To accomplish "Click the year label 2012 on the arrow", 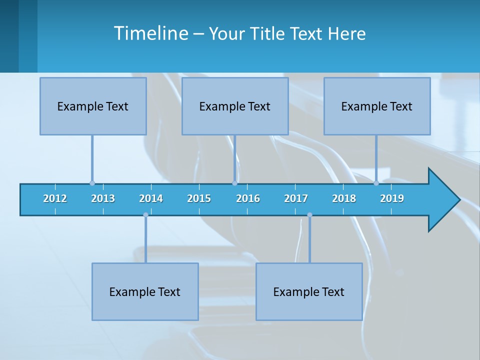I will click(x=55, y=198).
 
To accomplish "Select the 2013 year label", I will click(x=103, y=198).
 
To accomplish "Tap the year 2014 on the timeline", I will click(x=151, y=198).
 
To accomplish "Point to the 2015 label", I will click(x=199, y=198).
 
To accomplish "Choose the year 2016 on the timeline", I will click(x=248, y=198).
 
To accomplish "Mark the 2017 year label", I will click(x=296, y=198).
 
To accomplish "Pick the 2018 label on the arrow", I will click(x=344, y=198).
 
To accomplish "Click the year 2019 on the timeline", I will click(x=392, y=198).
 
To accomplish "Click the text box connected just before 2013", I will click(x=93, y=106).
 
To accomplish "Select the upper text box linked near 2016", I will click(x=235, y=106).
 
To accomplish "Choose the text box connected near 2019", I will click(x=377, y=106).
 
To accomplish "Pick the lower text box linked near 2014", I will click(x=145, y=291).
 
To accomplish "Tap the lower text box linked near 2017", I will click(x=309, y=291).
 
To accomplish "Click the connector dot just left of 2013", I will click(x=92, y=183).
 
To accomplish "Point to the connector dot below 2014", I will click(x=145, y=214).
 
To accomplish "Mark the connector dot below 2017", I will click(x=309, y=214).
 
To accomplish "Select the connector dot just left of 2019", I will click(x=376, y=183).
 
